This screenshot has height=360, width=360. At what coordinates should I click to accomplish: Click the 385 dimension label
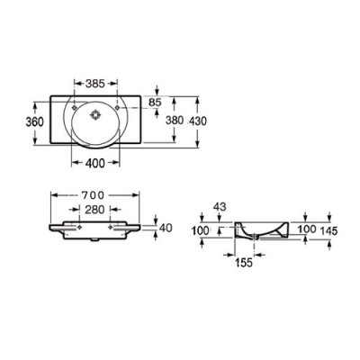[95, 84]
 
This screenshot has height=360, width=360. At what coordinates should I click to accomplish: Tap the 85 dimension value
[155, 103]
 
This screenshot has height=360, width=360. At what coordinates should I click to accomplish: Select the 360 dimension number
[34, 122]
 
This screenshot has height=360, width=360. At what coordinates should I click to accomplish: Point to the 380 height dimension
[175, 121]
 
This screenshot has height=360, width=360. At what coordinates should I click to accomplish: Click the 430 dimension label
[198, 121]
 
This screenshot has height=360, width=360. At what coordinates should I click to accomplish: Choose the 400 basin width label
[95, 163]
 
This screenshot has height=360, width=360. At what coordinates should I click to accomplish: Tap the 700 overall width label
[94, 195]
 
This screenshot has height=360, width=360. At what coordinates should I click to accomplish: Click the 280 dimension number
[94, 210]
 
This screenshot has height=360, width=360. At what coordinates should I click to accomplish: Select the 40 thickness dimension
[166, 228]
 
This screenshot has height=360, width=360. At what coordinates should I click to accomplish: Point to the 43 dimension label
[220, 207]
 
